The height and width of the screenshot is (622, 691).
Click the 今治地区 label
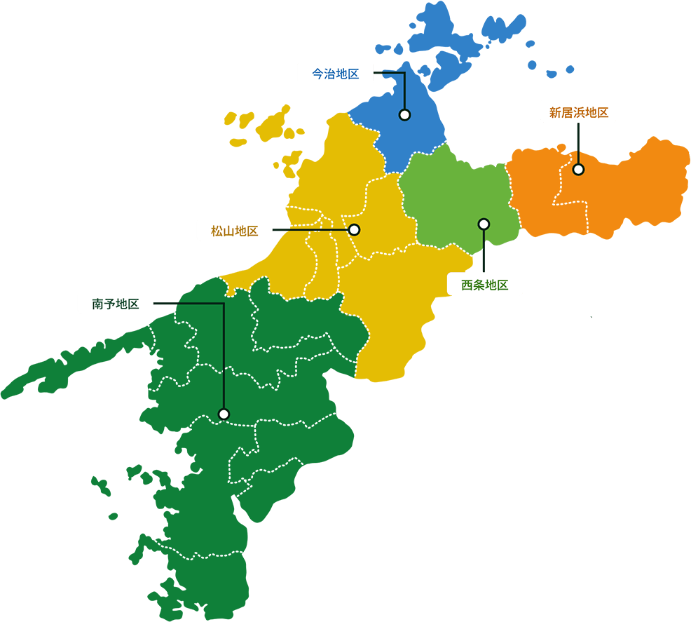tap(335, 74)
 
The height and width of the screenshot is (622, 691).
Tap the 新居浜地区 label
tap(577, 112)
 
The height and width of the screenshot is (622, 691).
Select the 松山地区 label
tap(235, 231)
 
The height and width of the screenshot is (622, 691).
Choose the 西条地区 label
tap(484, 285)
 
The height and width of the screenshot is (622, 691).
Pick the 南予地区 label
tap(116, 304)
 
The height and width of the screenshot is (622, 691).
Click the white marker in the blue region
tap(404, 114)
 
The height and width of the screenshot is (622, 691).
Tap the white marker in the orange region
tap(578, 169)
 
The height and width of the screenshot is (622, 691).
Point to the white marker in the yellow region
tap(354, 229)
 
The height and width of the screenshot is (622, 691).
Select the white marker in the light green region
tap(484, 224)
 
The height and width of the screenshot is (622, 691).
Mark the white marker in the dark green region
tap(224, 414)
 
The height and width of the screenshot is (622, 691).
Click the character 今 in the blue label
tap(317, 74)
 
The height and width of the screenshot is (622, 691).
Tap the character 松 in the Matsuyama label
tap(217, 231)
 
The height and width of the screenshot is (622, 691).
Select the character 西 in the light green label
tap(467, 285)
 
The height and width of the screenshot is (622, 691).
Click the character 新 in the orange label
tap(554, 112)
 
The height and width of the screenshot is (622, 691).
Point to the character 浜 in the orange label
tap(578, 112)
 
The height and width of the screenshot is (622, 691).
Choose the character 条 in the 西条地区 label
tap(479, 285)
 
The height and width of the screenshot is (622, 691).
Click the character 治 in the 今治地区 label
tap(329, 74)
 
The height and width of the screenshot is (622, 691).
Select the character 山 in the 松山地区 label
tap(229, 231)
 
